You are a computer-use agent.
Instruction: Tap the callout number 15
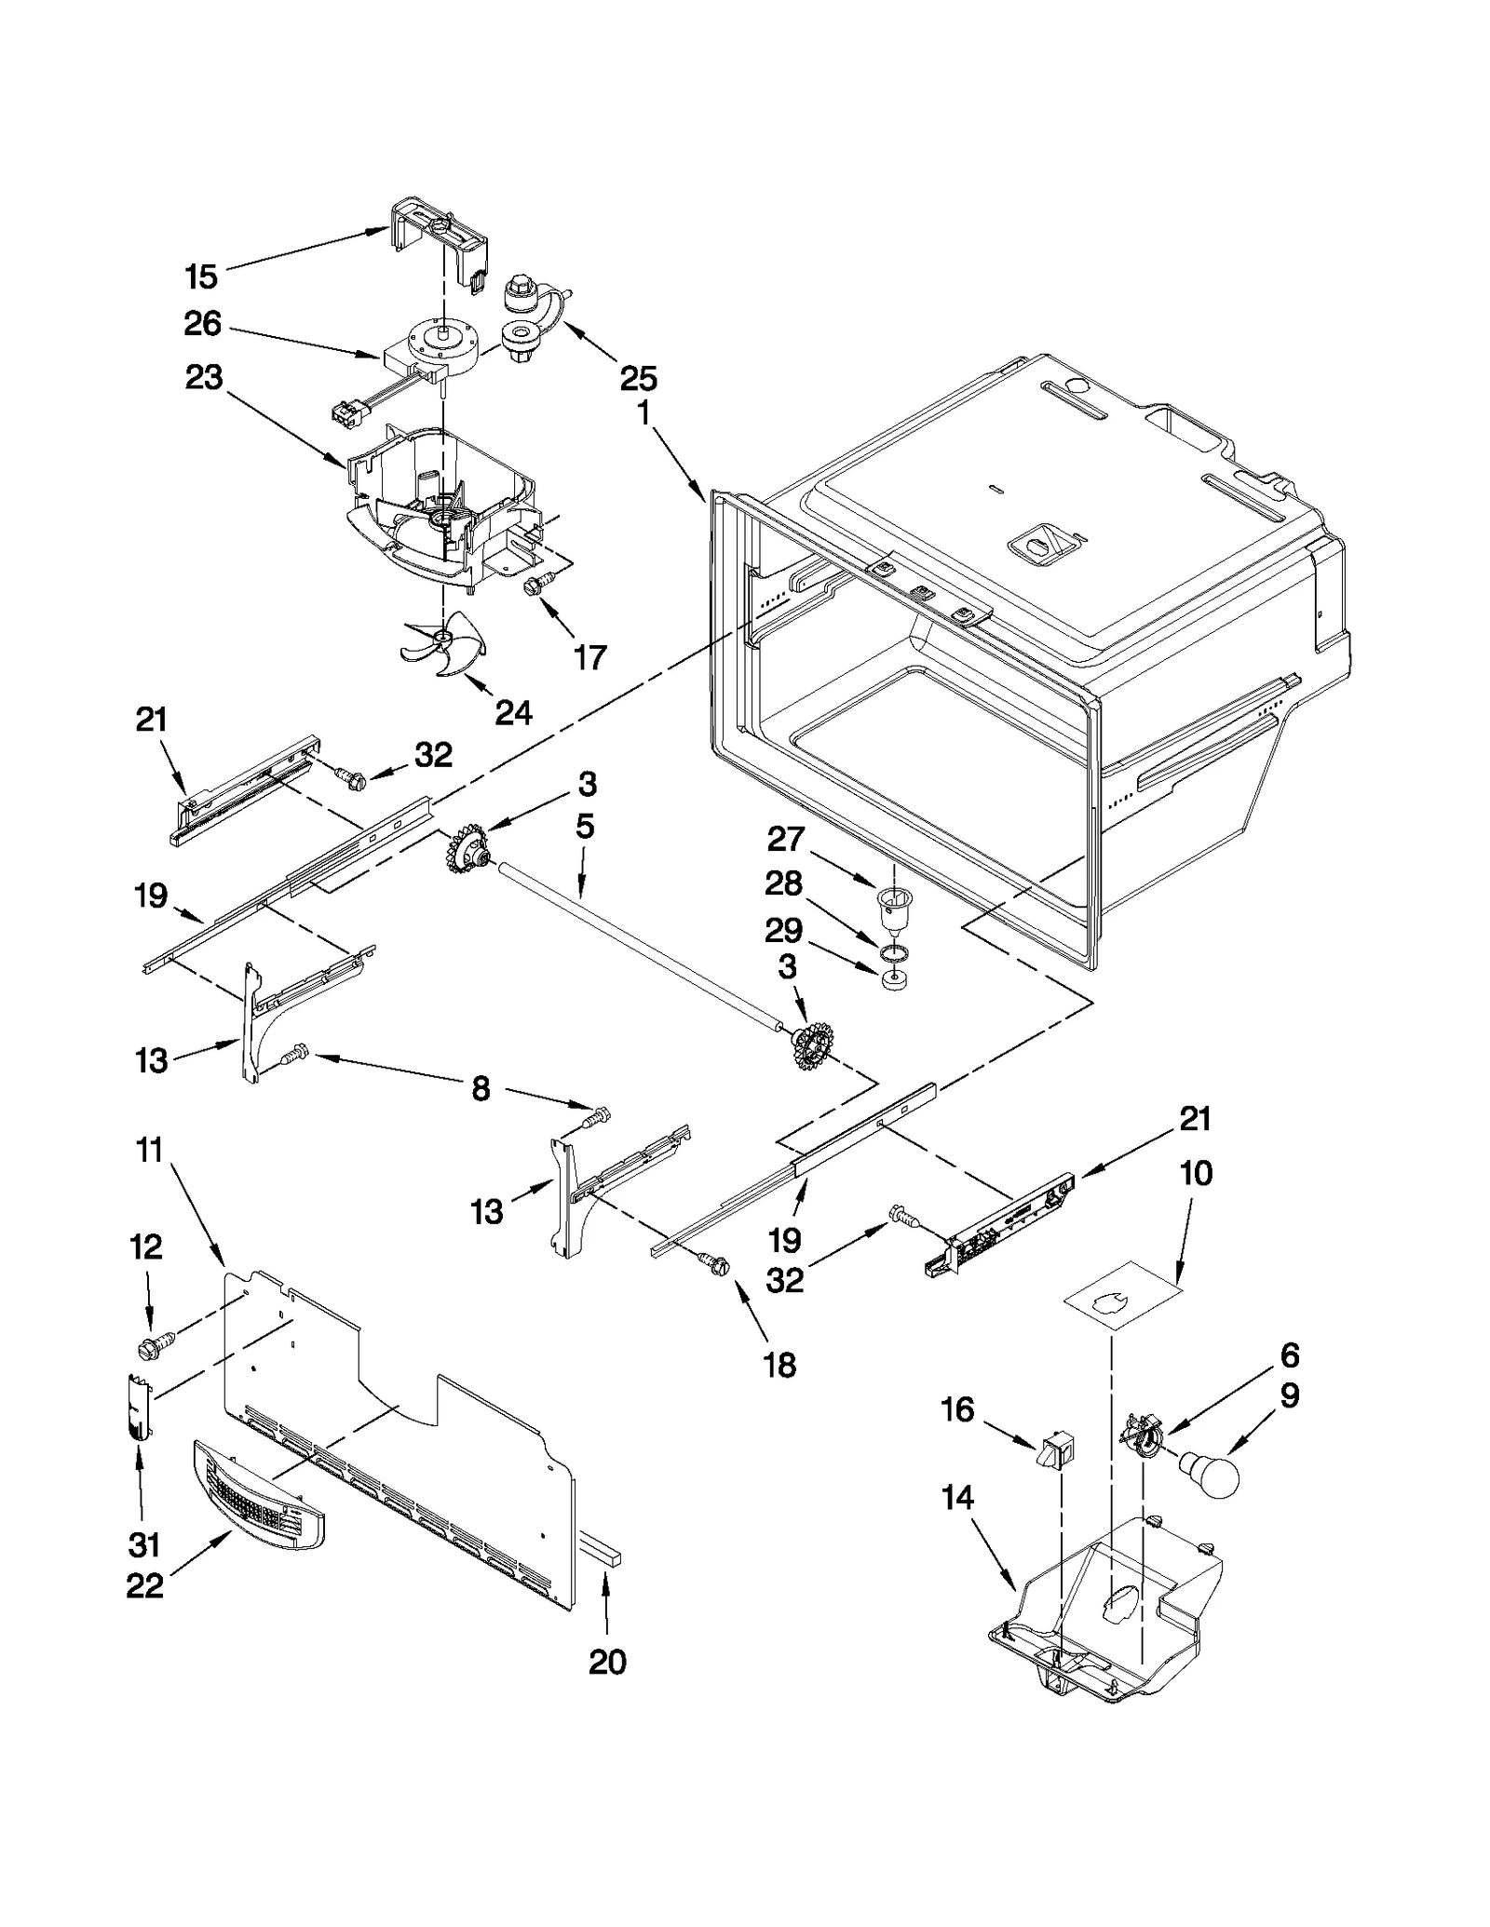pyautogui.click(x=201, y=276)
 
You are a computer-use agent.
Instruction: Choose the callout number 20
pyautogui.click(x=607, y=1662)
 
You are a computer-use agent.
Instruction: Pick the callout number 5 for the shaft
pyautogui.click(x=585, y=827)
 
